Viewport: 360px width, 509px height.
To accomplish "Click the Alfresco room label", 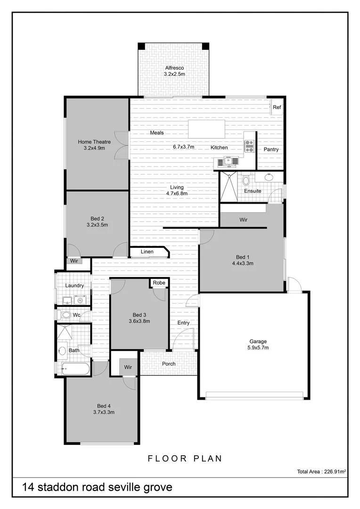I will (x=174, y=68).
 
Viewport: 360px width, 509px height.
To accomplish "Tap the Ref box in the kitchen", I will (x=277, y=107).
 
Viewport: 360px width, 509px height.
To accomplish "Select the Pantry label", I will (x=271, y=149).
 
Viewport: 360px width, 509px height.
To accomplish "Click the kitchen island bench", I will (x=206, y=129).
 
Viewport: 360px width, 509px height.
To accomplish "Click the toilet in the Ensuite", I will (x=245, y=180).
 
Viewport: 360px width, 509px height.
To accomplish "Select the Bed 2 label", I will (x=97, y=218).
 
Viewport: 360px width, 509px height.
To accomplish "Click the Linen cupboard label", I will (x=147, y=252).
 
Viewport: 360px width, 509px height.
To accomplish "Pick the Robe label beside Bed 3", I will (x=159, y=283).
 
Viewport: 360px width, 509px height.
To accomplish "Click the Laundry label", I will (x=74, y=286).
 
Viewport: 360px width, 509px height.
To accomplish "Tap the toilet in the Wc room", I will (x=66, y=314).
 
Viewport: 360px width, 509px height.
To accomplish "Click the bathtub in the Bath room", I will (x=75, y=369).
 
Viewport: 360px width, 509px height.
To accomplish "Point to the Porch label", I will (x=169, y=364).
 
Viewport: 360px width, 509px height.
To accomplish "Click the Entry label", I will (x=183, y=323).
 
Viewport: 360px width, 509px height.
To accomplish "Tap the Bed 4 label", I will (x=104, y=406).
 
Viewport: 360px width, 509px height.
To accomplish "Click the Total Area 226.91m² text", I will (x=322, y=471).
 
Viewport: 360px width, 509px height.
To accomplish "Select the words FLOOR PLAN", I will (x=185, y=458).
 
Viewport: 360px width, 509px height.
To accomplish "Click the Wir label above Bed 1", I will (x=244, y=220).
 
